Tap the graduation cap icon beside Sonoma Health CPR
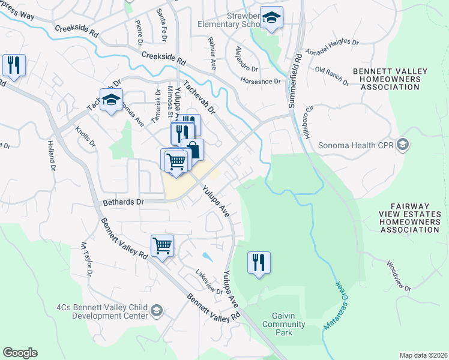(x=403, y=145)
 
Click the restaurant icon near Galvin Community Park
(x=259, y=262)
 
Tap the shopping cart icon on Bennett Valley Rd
(x=162, y=245)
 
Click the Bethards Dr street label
(x=124, y=203)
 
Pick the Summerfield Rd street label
(x=294, y=82)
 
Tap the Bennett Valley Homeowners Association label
(x=390, y=79)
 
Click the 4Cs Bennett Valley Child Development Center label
(x=101, y=311)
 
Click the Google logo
(x=20, y=353)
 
